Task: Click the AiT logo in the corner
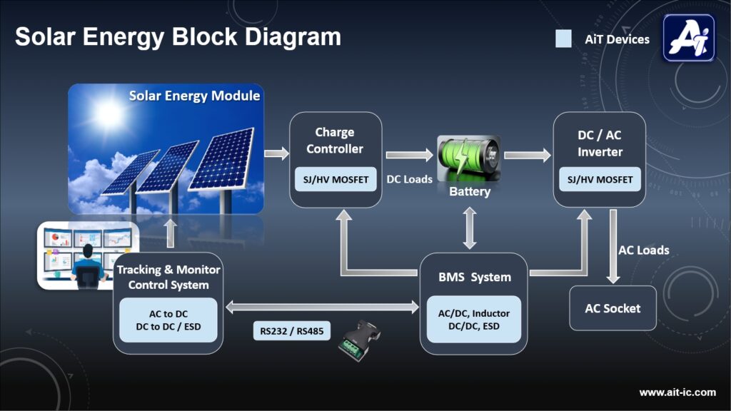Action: [x=689, y=38]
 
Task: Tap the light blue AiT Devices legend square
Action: [x=563, y=39]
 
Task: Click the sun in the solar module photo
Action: [x=109, y=113]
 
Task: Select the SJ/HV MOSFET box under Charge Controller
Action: [x=336, y=179]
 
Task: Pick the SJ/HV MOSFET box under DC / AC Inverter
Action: [x=600, y=179]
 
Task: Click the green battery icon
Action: [x=468, y=158]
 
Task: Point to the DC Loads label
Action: [x=409, y=179]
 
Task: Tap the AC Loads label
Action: [x=643, y=250]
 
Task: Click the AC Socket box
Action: [x=612, y=308]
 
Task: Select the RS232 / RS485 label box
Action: [x=292, y=331]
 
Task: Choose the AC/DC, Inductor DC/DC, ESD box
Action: [x=474, y=319]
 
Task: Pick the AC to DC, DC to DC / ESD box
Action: [x=168, y=320]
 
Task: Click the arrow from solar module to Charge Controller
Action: [x=276, y=153]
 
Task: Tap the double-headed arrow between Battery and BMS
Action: [x=470, y=228]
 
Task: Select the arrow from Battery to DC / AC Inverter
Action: [x=528, y=155]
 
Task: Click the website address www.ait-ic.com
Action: [x=677, y=392]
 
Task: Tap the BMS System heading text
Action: [x=475, y=278]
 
